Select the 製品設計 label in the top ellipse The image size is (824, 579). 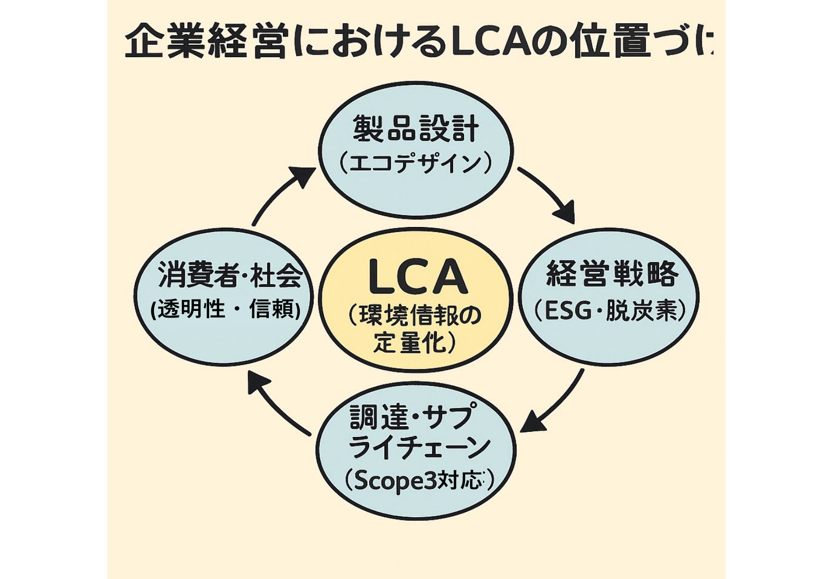(x=416, y=129)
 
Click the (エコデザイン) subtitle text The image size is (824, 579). (x=416, y=164)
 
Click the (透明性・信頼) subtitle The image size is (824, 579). (x=226, y=309)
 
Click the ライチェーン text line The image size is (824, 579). (x=418, y=448)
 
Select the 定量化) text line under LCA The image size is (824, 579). (x=415, y=343)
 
